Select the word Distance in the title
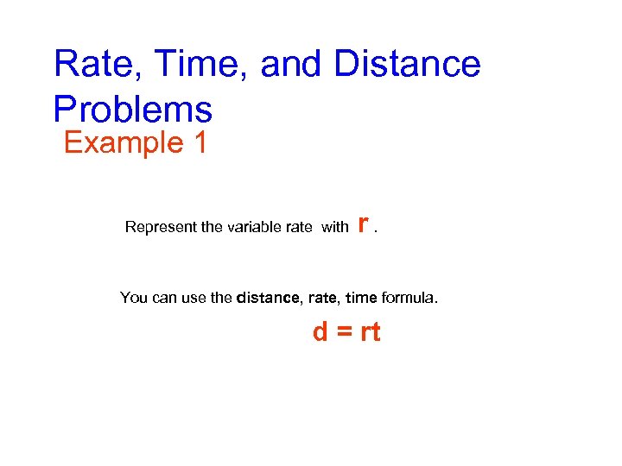[406, 65]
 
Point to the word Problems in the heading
[132, 110]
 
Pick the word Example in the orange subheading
[120, 142]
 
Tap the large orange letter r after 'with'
[364, 224]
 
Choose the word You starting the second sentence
[134, 299]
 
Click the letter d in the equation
[321, 332]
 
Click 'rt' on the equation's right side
[370, 332]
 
